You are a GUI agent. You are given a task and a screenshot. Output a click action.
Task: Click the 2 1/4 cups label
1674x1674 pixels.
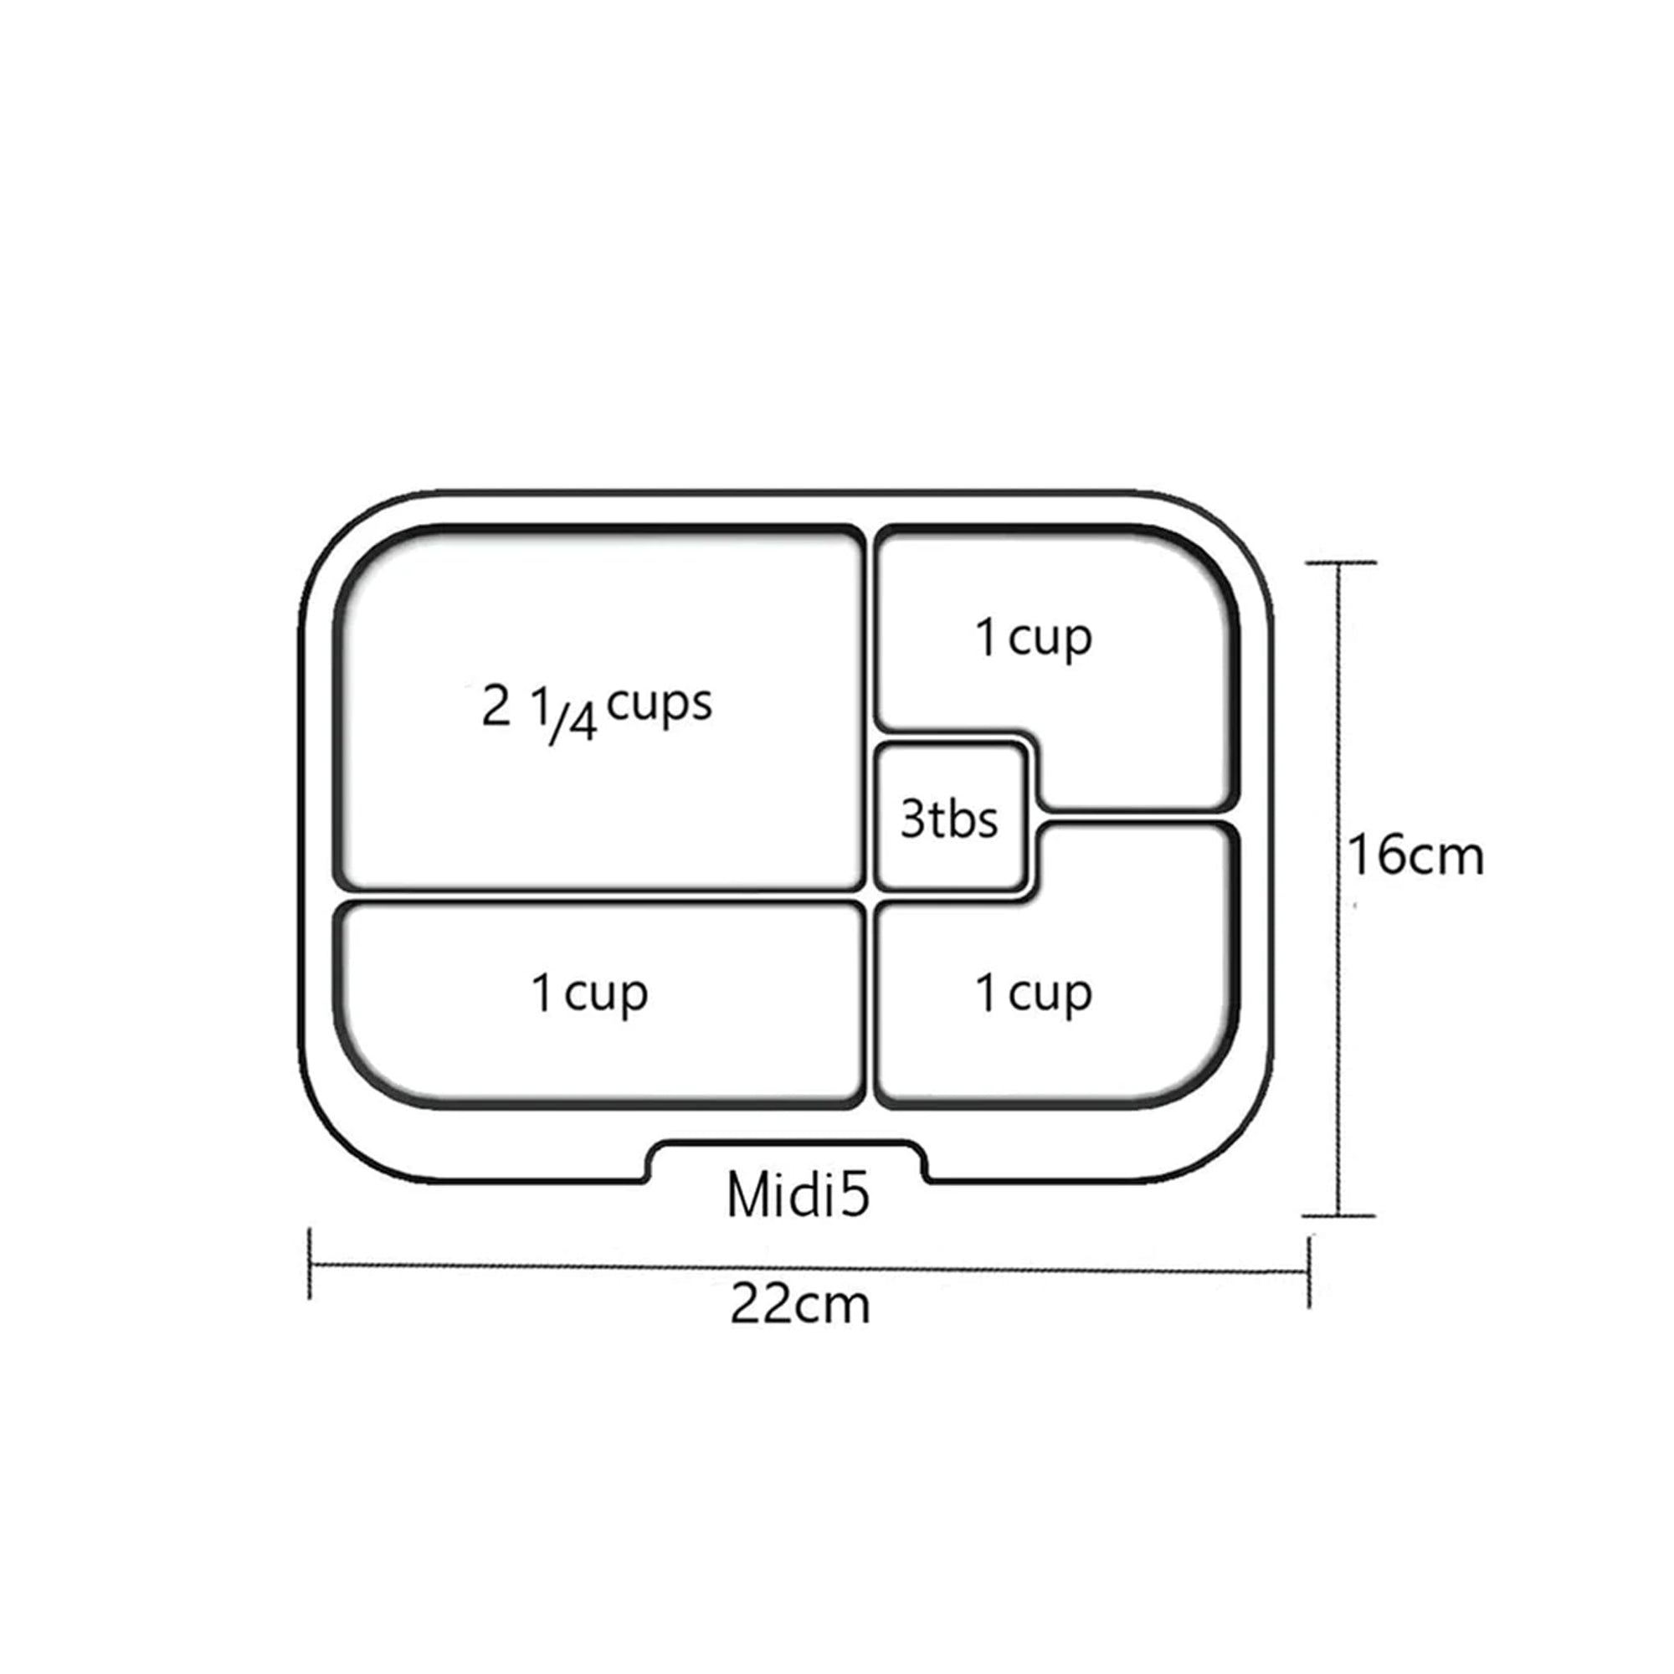pos(597,712)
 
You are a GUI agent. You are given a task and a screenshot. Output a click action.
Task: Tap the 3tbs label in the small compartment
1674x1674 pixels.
pos(949,819)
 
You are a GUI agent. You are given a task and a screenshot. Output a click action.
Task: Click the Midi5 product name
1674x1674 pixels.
pos(798,1197)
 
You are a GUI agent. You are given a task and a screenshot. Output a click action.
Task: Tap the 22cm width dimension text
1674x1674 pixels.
pos(799,1305)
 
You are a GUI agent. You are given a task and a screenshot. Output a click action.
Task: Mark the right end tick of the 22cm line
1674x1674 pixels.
pos(1308,1271)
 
